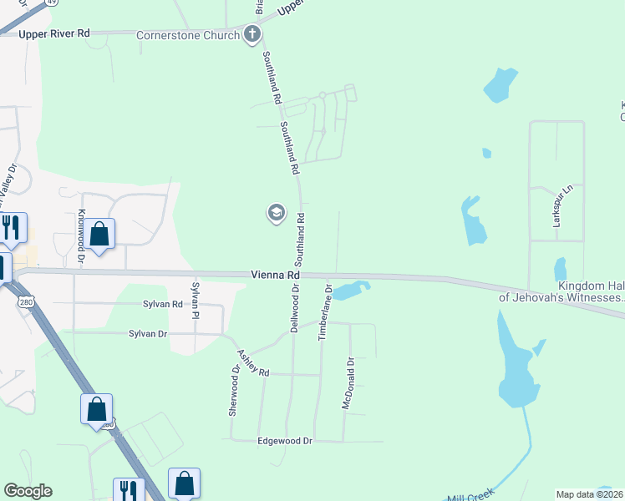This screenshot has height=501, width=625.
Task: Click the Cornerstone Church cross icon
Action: [x=252, y=34]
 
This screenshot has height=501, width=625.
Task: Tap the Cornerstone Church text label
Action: [x=192, y=33]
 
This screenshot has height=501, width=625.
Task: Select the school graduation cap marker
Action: [x=276, y=214]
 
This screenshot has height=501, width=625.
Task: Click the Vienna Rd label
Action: [x=275, y=275]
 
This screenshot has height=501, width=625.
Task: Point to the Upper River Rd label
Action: [x=53, y=33]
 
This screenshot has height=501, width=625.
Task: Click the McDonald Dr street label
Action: [x=349, y=383]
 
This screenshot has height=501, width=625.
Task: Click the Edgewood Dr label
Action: [x=284, y=440]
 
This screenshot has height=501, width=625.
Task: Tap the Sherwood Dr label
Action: [x=236, y=390]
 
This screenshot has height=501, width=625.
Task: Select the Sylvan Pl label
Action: [x=195, y=301]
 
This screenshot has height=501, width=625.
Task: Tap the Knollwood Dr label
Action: [x=82, y=236]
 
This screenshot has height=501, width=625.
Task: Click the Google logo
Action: [x=28, y=491]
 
